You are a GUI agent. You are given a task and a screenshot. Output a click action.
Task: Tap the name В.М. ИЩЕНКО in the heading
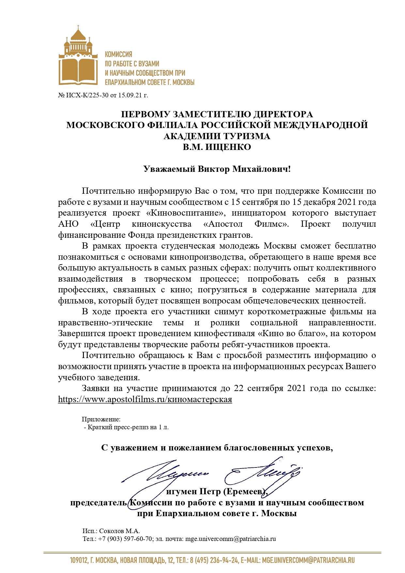tap(217, 147)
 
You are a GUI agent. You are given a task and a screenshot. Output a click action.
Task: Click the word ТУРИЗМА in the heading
tap(244, 136)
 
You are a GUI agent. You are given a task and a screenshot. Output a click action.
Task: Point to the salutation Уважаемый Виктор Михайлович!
tap(217, 169)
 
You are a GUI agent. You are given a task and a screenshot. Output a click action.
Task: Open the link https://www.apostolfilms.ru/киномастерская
tap(145, 400)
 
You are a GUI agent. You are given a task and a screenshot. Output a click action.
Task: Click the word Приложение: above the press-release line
tap(101, 419)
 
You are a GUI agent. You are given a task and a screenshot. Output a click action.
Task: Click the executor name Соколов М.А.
tap(119, 531)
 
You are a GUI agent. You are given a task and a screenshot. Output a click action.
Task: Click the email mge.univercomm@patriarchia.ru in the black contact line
tap(230, 539)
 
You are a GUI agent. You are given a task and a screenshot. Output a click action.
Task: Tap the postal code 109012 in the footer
tap(79, 561)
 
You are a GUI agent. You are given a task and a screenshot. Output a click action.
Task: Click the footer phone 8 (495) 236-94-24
tap(214, 561)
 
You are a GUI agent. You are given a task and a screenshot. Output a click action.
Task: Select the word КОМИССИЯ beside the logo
tap(118, 55)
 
